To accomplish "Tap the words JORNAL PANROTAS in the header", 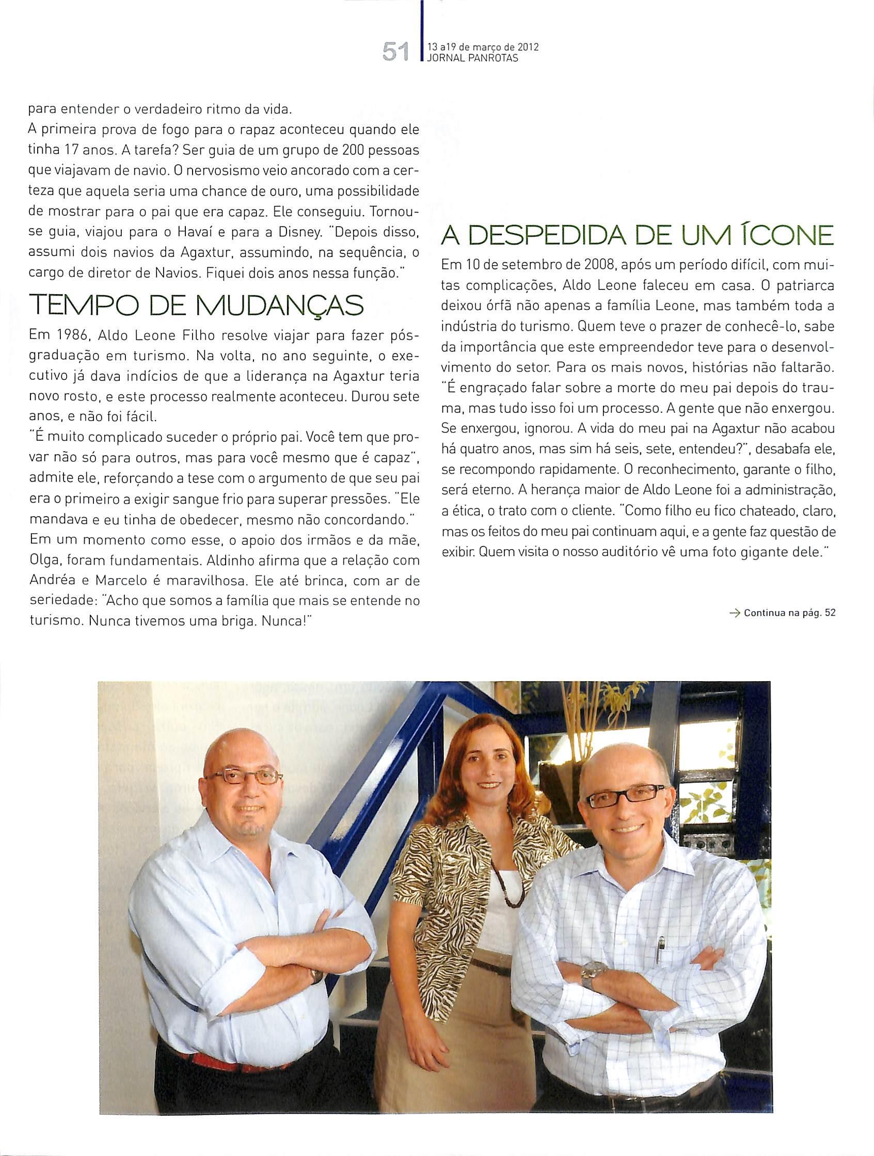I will pyautogui.click(x=473, y=58).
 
